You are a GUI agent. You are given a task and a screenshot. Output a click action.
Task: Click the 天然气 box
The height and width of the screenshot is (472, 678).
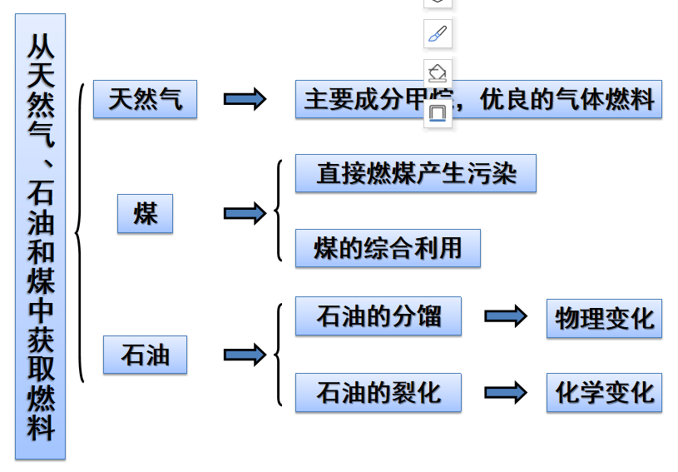pyautogui.click(x=145, y=100)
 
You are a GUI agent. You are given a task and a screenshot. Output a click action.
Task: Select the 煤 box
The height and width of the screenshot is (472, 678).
pyautogui.click(x=145, y=214)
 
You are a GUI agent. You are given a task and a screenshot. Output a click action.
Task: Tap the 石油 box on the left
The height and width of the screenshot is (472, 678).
pyautogui.click(x=145, y=355)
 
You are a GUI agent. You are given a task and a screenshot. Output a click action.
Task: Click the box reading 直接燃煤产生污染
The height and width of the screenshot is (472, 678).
pyautogui.click(x=415, y=173)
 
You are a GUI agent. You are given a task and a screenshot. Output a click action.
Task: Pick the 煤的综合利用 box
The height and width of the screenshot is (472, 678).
pyautogui.click(x=388, y=248)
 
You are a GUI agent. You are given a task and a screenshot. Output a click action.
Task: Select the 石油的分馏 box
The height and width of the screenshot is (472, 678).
pyautogui.click(x=378, y=316)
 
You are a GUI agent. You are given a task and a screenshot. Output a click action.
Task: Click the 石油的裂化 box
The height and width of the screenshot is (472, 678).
pyautogui.click(x=378, y=392)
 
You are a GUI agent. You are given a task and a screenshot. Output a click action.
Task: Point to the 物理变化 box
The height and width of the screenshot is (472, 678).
pyautogui.click(x=604, y=318)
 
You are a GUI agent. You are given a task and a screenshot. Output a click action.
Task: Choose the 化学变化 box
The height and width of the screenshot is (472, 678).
pyautogui.click(x=604, y=392)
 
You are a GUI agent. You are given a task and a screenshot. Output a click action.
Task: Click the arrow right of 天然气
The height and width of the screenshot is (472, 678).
pyautogui.click(x=245, y=100)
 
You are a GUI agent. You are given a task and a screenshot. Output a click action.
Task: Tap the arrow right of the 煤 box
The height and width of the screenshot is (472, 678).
pyautogui.click(x=245, y=214)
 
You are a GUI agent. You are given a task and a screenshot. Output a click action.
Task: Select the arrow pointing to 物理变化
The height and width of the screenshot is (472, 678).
pyautogui.click(x=505, y=316)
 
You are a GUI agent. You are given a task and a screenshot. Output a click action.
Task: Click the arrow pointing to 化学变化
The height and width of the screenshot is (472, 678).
pyautogui.click(x=505, y=392)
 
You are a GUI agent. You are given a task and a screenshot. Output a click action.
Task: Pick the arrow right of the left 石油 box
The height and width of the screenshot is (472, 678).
pyautogui.click(x=245, y=355)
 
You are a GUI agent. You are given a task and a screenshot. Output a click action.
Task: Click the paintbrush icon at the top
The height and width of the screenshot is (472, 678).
pyautogui.click(x=438, y=34)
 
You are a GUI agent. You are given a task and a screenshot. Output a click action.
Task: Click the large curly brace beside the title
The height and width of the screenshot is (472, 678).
pyautogui.click(x=80, y=233)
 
